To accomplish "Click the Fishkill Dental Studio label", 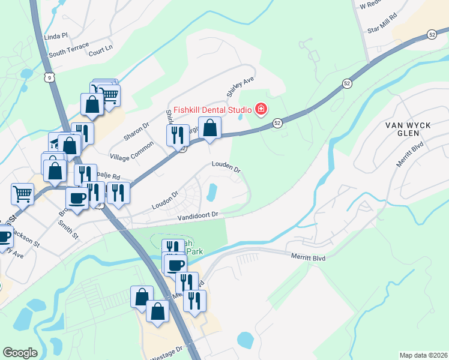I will point(213,110).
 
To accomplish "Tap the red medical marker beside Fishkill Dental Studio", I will point(261,109).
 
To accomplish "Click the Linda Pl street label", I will point(57,37).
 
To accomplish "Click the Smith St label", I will point(68,229).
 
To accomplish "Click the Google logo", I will point(20,353).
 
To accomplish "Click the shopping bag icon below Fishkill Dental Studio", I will point(209,128).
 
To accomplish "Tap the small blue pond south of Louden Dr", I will point(212,192).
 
